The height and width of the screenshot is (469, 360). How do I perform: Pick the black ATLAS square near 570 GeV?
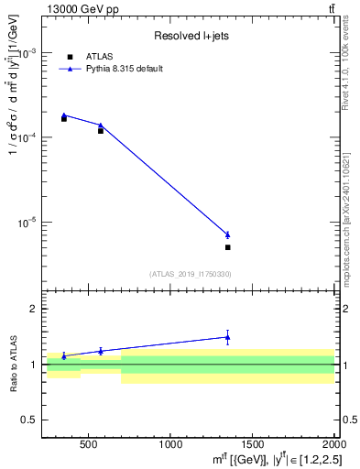[x=101, y=131]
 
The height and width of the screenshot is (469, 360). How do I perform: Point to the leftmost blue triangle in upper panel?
[x=64, y=115]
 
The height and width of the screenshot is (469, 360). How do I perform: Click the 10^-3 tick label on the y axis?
[x=29, y=52]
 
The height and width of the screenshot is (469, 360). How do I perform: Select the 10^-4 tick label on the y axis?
[x=29, y=137]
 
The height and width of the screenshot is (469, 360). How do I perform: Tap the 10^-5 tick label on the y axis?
[x=29, y=223]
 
